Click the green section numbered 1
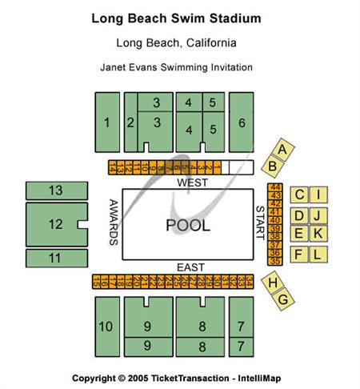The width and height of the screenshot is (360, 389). (x=106, y=122)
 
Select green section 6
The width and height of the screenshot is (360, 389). (x=242, y=122)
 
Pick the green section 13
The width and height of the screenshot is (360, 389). (x=56, y=190)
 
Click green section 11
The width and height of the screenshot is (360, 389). (x=56, y=259)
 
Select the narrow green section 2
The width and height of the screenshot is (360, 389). (x=130, y=122)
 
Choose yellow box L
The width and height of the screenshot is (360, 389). (x=318, y=254)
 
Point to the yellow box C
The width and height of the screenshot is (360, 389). (x=298, y=194)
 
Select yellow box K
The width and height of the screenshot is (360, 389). (x=318, y=234)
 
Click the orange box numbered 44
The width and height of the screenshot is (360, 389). (x=276, y=187)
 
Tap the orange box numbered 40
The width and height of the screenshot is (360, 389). (x=276, y=220)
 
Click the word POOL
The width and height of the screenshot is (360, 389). (x=188, y=226)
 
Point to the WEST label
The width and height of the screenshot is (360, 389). (x=191, y=182)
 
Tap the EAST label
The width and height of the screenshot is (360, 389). (x=190, y=267)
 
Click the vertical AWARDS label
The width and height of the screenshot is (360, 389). (x=114, y=222)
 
